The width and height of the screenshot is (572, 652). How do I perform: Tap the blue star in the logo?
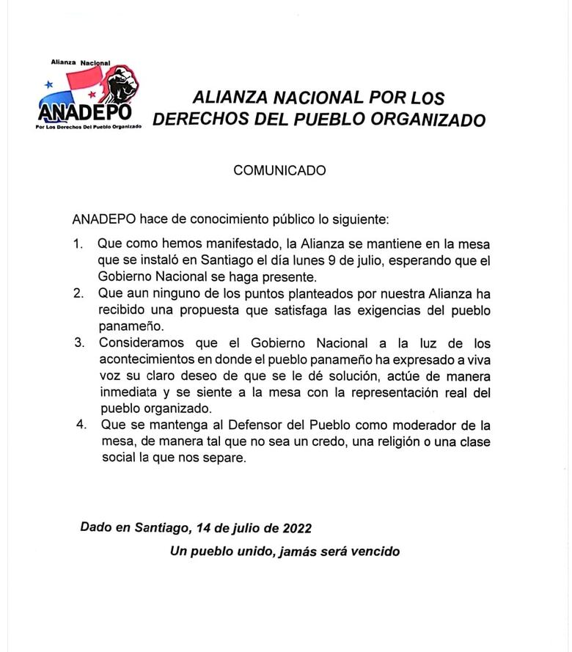pos(49,85)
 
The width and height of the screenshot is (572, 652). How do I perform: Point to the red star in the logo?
pos(92,95)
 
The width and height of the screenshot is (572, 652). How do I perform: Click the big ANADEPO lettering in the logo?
pos(84,112)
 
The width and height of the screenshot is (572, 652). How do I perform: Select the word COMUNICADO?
pos(279,170)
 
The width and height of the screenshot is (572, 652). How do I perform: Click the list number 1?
pos(78,243)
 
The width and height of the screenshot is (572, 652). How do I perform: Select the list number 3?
pos(78,343)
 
